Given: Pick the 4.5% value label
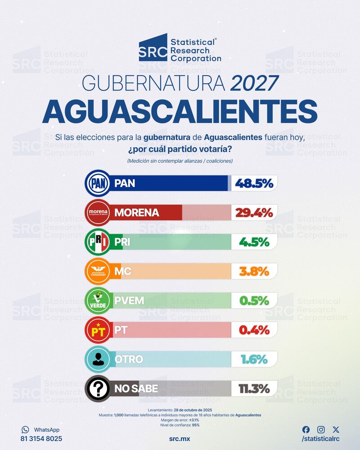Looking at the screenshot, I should click(x=254, y=242).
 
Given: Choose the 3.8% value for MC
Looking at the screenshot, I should click(x=254, y=271).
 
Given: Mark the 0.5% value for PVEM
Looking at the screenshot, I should click(x=254, y=300).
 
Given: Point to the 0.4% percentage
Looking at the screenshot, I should click(x=254, y=330).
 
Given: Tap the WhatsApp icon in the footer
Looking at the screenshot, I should click(x=25, y=430).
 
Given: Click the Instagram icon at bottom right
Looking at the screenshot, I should click(x=321, y=430).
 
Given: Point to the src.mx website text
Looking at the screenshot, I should click(x=180, y=438).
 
